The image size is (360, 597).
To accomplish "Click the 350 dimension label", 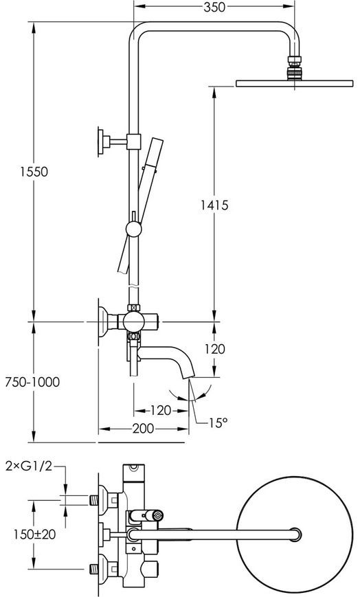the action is coord(214,7).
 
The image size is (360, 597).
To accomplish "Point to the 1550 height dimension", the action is coord(34,172).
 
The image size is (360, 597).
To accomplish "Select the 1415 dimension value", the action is coord(214,205).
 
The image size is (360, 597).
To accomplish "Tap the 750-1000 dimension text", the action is coord(32,382).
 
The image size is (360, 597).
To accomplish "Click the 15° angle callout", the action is coord(218,423).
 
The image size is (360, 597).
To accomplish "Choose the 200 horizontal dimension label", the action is coord(143,429).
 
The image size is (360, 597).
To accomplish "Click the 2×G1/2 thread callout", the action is coord(29,466).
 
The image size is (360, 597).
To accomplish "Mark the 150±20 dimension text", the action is coord(34,534).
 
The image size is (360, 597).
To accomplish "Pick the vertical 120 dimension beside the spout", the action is coord(215,349).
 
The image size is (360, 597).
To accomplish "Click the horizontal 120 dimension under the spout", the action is coord(160,410).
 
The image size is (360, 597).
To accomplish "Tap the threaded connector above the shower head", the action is coord(294,68).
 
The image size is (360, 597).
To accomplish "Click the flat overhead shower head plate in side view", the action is coord(294,83).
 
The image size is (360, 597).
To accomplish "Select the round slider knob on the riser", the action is coord(134,229).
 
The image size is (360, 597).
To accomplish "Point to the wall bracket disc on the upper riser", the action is coord(100,142).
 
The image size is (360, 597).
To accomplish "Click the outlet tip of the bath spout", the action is coord(189,376).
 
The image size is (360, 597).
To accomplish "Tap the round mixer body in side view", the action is coord(134,322).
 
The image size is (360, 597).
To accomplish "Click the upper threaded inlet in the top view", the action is coord(93,500).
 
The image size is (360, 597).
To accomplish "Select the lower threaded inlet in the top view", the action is coord(93,570).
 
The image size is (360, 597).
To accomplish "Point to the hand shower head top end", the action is coord(157,139).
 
